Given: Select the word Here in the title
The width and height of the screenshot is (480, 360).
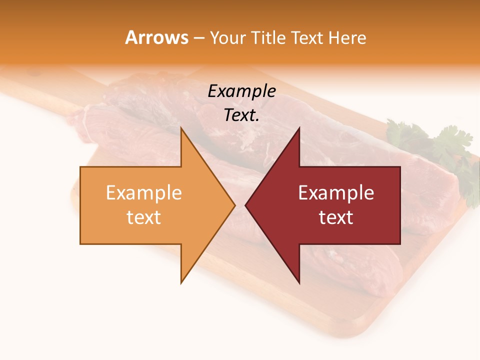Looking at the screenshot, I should (347, 37).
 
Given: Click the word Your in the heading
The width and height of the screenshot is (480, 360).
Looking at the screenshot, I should (228, 38).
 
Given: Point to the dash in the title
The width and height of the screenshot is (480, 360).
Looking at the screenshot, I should (199, 38).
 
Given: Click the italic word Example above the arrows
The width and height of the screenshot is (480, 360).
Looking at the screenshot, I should (241, 91).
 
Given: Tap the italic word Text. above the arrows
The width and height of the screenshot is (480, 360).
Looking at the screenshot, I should (241, 115).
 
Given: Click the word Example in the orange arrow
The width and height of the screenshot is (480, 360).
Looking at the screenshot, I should (144, 193).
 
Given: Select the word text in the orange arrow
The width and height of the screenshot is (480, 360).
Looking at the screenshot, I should (144, 217).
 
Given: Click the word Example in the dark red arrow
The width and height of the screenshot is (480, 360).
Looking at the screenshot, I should (336, 193).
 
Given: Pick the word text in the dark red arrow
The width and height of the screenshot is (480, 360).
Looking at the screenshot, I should (336, 217).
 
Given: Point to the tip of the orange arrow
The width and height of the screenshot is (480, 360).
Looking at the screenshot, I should (234, 205).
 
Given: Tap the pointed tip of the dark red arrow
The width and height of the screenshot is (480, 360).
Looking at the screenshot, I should (246, 205).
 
